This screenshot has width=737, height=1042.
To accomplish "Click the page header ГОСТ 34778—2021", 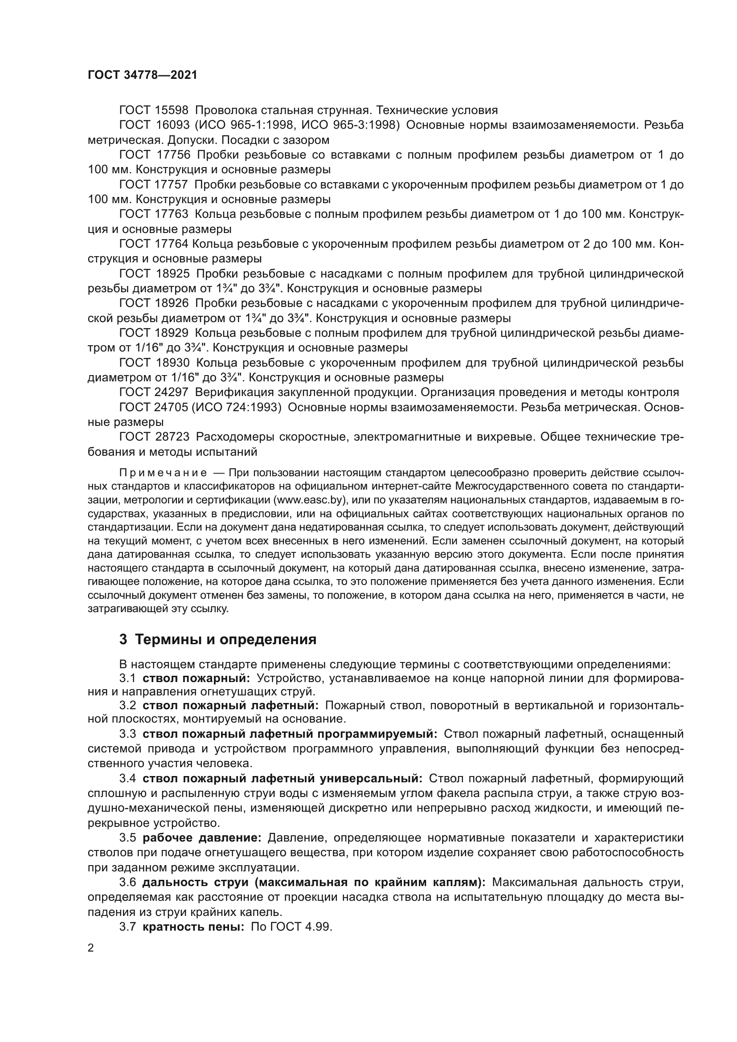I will click(143, 75).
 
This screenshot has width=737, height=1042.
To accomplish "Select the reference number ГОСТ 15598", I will click(154, 110).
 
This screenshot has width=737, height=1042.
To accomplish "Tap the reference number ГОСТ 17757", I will click(154, 185).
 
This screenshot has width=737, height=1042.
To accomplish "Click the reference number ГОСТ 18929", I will click(154, 333).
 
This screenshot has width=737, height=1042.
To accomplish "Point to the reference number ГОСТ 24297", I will click(154, 392).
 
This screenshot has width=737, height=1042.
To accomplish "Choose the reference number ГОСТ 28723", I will click(154, 437).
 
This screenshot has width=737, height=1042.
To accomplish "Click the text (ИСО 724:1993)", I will click(237, 408).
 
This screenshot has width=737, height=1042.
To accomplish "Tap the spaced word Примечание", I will click(164, 474).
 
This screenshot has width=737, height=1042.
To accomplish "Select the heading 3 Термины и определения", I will click(218, 640).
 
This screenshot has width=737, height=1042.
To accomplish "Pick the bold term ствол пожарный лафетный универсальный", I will click(282, 779).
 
